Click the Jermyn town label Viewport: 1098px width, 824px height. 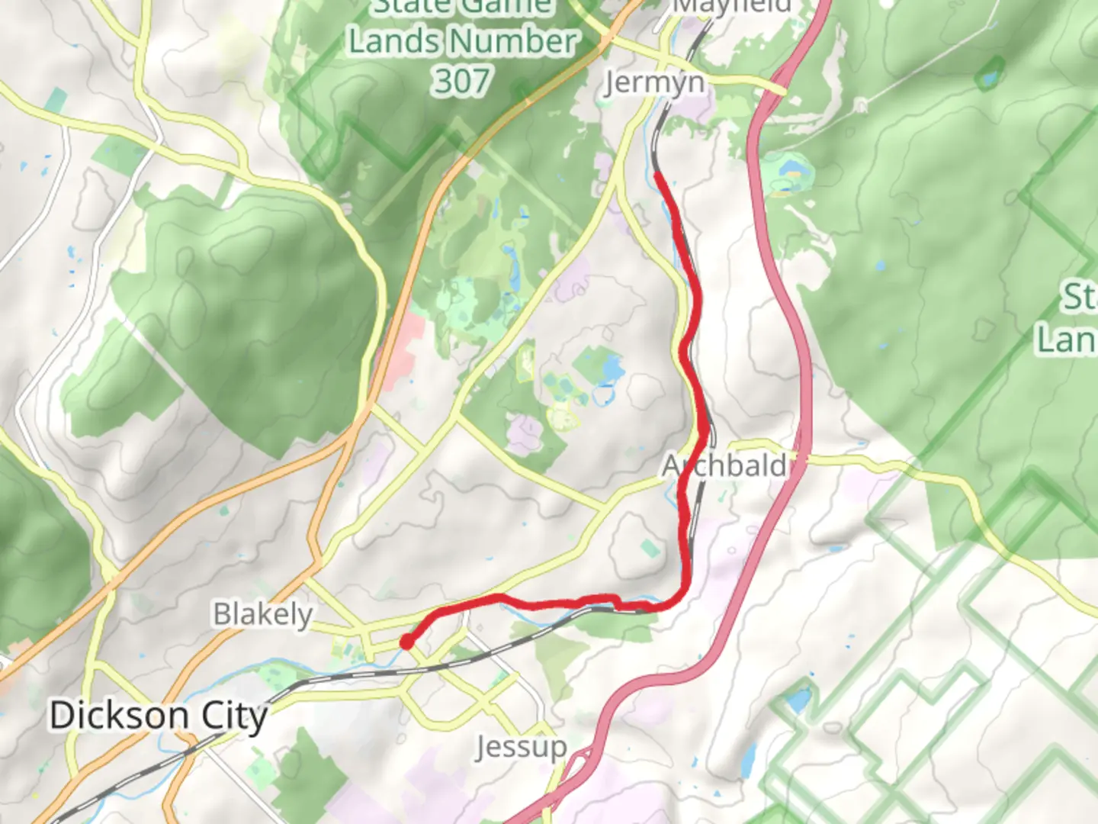(x=654, y=82)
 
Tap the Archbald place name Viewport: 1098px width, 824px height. (x=724, y=465)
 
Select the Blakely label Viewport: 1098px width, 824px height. (x=263, y=614)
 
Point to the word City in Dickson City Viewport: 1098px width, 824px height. (x=235, y=716)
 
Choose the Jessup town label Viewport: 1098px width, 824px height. (x=522, y=747)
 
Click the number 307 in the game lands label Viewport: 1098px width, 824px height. (x=462, y=80)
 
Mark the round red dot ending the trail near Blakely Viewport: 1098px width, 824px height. (x=407, y=642)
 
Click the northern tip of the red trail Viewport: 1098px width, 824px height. (x=657, y=175)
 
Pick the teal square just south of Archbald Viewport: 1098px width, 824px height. (x=649, y=549)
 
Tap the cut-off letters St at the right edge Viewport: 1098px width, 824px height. (x=1081, y=298)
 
